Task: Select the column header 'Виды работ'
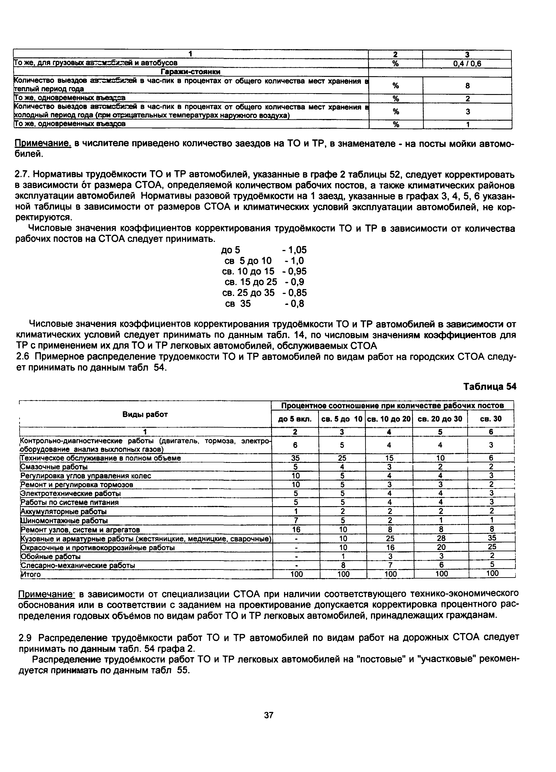(x=145, y=414)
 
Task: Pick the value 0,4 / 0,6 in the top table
(x=467, y=63)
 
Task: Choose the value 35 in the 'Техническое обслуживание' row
(x=295, y=458)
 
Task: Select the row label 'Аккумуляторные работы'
(x=64, y=512)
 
